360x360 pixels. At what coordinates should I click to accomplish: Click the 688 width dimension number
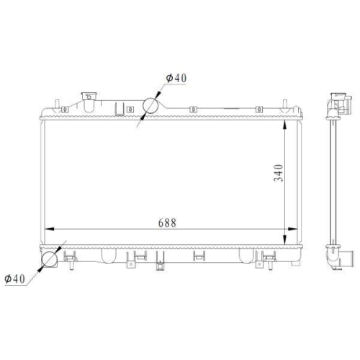(167, 222)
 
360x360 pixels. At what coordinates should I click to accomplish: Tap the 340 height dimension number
(279, 173)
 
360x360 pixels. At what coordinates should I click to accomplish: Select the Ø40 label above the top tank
(176, 78)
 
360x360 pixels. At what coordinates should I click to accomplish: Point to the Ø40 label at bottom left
(15, 279)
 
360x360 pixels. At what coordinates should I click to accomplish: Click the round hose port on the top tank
(150, 105)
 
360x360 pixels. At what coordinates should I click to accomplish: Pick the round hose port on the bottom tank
(50, 259)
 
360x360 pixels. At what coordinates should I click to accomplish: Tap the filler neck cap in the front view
(89, 96)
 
